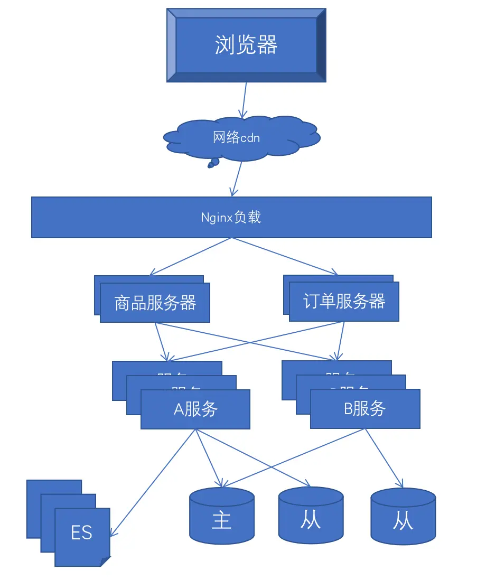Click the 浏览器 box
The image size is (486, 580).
point(246,45)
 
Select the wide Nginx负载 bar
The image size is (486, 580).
point(231,218)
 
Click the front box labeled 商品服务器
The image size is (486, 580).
point(155,303)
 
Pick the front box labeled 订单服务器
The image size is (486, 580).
point(344,302)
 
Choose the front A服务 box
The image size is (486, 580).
point(195,409)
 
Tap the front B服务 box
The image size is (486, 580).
point(365,409)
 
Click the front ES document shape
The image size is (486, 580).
point(82,534)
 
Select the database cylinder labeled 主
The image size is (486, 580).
point(222,517)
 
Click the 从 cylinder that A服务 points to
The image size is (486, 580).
point(311,516)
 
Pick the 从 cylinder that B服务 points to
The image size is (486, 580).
point(403,517)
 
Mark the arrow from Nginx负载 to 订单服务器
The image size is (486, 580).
point(285,256)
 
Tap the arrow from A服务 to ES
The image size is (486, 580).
point(153,483)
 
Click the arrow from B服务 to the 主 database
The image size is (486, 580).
point(293,457)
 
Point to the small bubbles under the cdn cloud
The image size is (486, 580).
point(212,163)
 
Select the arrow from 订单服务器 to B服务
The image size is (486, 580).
point(341,341)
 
